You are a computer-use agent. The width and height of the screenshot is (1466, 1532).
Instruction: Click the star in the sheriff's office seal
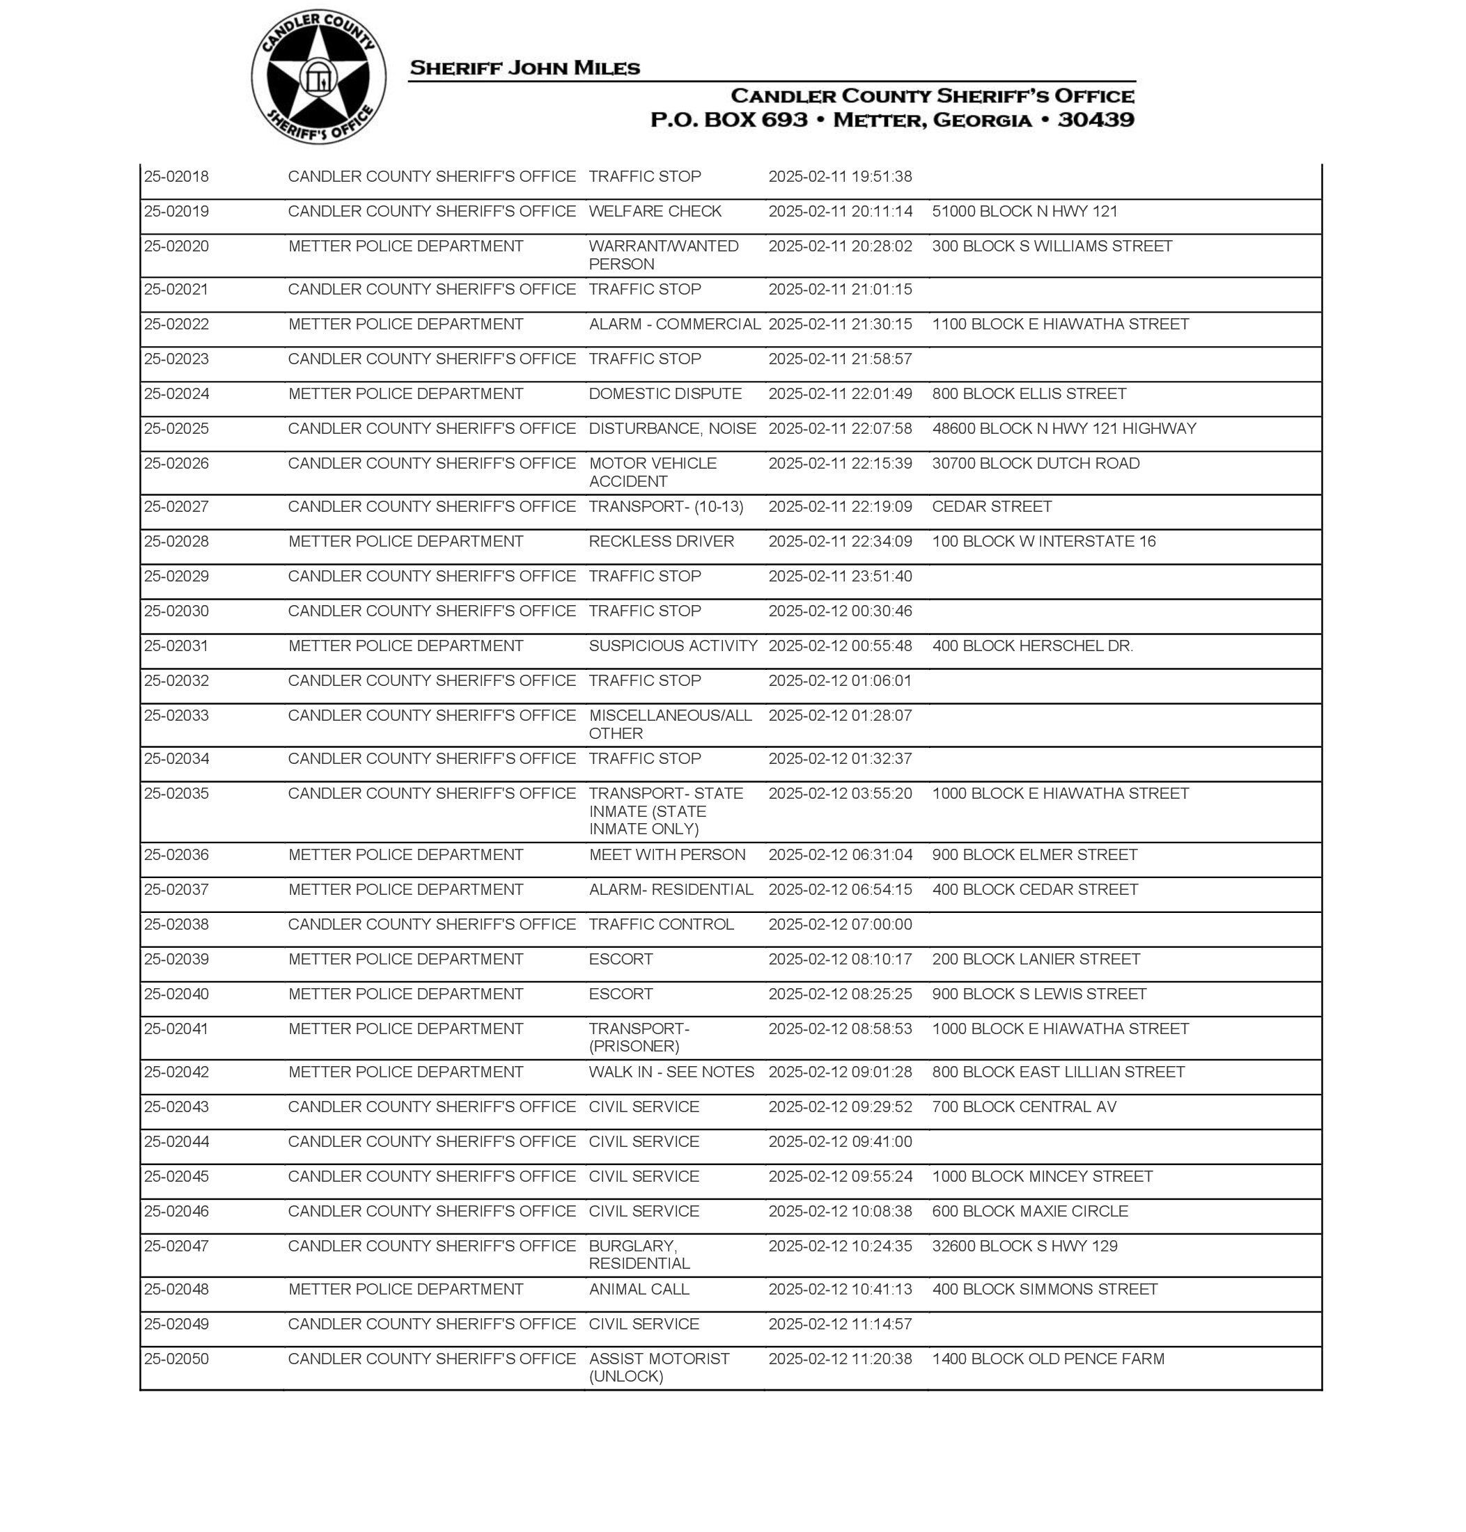318,77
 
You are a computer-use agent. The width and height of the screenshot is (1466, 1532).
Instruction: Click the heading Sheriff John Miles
524,68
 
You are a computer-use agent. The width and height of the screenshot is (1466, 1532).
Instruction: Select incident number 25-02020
177,246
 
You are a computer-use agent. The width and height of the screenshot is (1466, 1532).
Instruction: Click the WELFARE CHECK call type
655,211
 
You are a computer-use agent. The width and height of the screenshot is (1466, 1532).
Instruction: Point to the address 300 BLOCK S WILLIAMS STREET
1052,246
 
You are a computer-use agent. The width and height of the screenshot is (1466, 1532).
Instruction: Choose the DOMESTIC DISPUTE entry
665,393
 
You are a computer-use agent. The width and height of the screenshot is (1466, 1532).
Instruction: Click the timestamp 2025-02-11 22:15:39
840,463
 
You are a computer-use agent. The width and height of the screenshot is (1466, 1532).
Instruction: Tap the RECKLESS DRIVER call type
661,541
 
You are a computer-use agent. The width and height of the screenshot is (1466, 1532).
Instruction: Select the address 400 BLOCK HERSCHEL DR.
1032,646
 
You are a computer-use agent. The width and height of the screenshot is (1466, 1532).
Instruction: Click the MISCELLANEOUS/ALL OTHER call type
670,724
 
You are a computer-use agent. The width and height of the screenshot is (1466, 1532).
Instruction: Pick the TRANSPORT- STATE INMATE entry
665,811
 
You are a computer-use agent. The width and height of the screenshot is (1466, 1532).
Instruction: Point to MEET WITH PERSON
666,854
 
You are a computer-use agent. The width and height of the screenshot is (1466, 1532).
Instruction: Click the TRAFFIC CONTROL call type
661,924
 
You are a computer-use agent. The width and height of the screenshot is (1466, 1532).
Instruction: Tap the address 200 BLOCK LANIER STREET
1036,960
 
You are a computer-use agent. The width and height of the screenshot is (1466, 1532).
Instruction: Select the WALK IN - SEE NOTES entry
671,1072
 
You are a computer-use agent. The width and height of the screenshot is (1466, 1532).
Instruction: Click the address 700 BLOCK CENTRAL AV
1024,1107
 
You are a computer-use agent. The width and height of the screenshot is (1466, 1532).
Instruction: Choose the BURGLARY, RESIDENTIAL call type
639,1255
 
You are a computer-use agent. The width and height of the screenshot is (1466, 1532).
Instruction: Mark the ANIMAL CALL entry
639,1289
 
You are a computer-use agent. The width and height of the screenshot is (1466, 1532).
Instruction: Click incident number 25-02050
177,1359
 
